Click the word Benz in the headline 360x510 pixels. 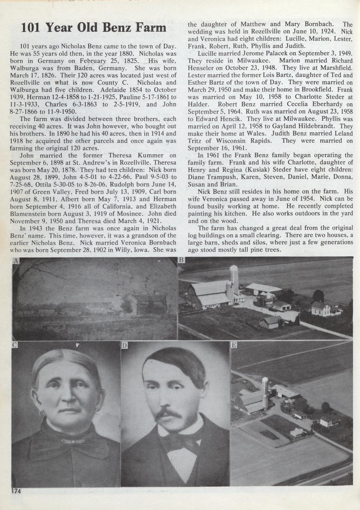pos(117,28)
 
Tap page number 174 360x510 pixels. pos(16,491)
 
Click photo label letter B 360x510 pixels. pos(181,260)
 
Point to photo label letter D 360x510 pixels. pos(124,345)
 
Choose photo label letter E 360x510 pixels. pos(234,345)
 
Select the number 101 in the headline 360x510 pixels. pos(31,28)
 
